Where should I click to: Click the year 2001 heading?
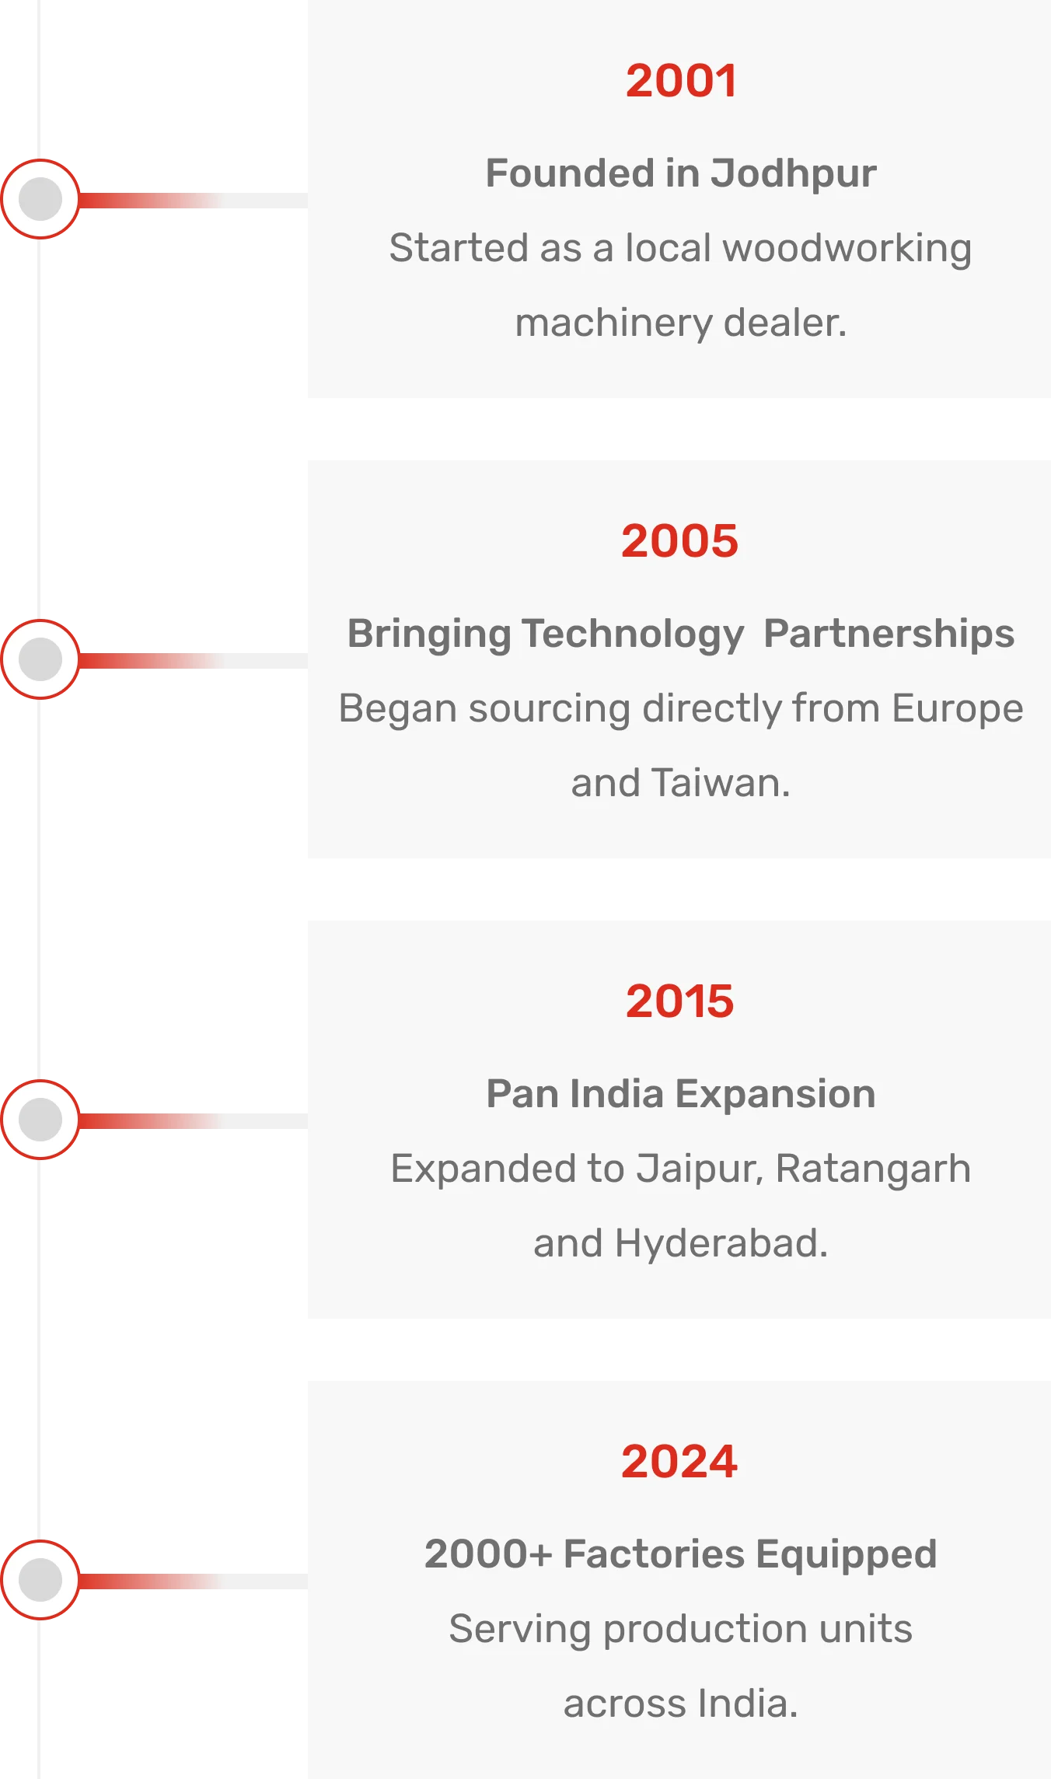tap(681, 81)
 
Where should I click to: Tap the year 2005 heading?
tap(679, 541)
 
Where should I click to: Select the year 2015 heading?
tap(679, 1001)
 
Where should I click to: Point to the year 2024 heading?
tap(679, 1462)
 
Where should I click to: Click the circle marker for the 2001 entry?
tap(40, 199)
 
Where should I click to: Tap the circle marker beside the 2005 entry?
tap(40, 659)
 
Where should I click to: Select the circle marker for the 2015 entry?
tap(40, 1120)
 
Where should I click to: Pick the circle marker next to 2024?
tap(40, 1580)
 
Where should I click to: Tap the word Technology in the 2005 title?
tap(633, 634)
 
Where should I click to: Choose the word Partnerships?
tap(889, 634)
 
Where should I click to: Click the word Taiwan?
tap(721, 783)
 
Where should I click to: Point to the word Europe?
tap(958, 709)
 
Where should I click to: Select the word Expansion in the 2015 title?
tap(775, 1095)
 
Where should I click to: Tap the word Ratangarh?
tap(873, 1169)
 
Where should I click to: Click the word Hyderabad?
tap(721, 1244)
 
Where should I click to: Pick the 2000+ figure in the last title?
tap(488, 1554)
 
